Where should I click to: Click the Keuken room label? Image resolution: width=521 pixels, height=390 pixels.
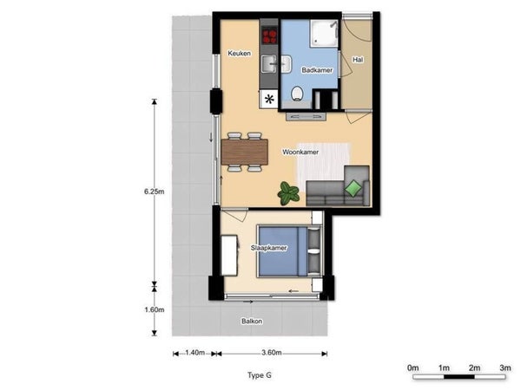click(240, 53)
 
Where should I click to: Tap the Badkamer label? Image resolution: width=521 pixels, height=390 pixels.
click(317, 70)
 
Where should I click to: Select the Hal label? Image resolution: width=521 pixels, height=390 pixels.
click(358, 60)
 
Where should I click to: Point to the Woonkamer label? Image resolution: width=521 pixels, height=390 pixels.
click(300, 152)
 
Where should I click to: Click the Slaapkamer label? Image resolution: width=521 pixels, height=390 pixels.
click(269, 248)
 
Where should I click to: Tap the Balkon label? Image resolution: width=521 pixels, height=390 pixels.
click(252, 321)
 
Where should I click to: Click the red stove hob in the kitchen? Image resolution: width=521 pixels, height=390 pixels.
click(269, 36)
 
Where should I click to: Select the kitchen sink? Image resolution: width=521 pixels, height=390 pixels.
click(269, 63)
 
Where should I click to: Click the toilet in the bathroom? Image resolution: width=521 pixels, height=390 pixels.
click(297, 94)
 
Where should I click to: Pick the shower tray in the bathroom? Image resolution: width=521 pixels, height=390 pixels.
click(324, 33)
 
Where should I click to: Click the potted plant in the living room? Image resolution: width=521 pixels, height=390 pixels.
click(288, 193)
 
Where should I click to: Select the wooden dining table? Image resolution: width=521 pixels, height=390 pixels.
click(245, 152)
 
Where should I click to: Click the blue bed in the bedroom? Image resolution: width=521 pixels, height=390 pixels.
click(283, 251)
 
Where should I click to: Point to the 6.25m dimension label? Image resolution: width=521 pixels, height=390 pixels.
click(155, 192)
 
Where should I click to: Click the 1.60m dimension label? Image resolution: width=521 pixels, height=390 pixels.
click(155, 309)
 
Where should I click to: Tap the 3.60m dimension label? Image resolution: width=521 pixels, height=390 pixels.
click(272, 353)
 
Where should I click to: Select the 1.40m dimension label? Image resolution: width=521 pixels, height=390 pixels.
click(195, 353)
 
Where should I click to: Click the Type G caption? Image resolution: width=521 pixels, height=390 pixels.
click(260, 375)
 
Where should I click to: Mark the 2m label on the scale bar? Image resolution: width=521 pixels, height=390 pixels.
click(474, 367)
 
